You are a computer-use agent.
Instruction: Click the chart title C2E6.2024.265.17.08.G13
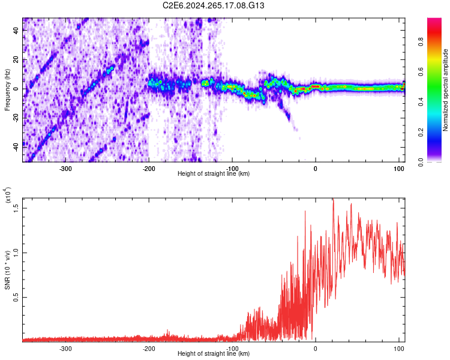pos(213,5)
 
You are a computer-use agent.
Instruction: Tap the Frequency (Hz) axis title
pos(7,89)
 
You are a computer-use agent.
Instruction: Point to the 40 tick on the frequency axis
pos(16,30)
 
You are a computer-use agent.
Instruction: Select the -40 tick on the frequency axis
pos(16,147)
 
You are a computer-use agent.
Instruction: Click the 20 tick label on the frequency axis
pos(16,59)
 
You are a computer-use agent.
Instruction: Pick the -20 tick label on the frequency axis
pos(16,118)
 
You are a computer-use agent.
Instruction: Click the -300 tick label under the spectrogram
pos(65,169)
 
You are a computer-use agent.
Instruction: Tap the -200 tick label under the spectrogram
pos(149,169)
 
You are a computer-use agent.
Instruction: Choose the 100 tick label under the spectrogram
pos(398,169)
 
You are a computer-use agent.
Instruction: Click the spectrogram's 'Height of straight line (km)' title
pos(214,173)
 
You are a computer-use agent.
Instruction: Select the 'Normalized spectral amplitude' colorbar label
pos(445,90)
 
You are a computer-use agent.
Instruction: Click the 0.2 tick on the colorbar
pos(421,133)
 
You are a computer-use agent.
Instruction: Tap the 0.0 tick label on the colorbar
pos(421,162)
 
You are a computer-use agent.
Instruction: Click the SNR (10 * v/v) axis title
pos(7,270)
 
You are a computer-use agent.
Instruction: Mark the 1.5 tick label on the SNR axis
pos(16,208)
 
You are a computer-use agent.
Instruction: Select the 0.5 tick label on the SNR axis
pos(16,298)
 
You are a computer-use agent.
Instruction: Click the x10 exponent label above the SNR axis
pos(8,195)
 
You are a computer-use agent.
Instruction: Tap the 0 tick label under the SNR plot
pos(316,349)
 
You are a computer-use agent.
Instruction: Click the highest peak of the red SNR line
pos(333,199)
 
